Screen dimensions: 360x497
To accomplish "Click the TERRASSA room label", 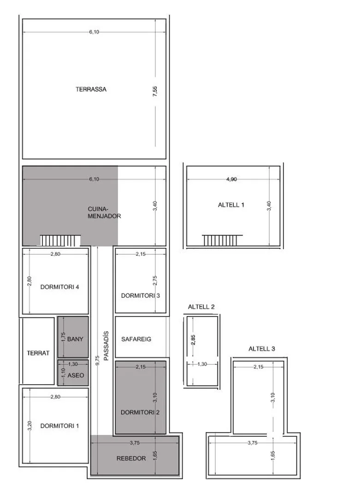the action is click(x=91, y=89).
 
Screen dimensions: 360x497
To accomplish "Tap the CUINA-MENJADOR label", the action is click(x=104, y=213).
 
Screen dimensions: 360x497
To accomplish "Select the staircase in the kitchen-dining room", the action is click(x=60, y=240).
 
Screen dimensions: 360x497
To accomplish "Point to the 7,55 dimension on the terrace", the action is click(x=155, y=91).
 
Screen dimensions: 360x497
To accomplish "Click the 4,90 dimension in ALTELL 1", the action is click(x=231, y=179).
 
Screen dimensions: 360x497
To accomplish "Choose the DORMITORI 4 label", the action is click(x=59, y=287).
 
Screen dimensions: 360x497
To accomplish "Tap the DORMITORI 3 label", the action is click(x=141, y=296).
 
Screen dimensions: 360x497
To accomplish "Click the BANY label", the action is click(x=75, y=339).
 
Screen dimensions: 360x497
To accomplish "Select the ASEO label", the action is click(x=76, y=375).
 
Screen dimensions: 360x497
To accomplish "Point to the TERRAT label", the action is click(x=38, y=353).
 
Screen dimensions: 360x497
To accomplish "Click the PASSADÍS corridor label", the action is click(x=106, y=346).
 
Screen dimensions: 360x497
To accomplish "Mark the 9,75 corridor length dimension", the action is click(x=97, y=360).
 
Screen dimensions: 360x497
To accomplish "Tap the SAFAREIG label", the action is click(x=136, y=339).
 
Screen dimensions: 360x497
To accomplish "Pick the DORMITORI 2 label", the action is click(x=140, y=412).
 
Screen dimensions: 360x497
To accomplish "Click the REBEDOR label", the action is click(x=131, y=459).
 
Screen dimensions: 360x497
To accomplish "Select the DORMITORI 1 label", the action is click(x=59, y=426).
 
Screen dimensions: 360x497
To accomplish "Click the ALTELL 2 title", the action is click(x=201, y=307).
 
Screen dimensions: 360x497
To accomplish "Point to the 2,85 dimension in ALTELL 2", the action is click(x=193, y=339).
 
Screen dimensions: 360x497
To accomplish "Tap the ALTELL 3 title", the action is click(x=262, y=349).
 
